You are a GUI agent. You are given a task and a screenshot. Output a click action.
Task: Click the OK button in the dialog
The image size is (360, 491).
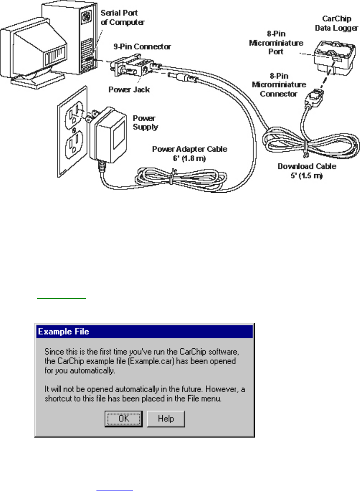[x=123, y=418]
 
